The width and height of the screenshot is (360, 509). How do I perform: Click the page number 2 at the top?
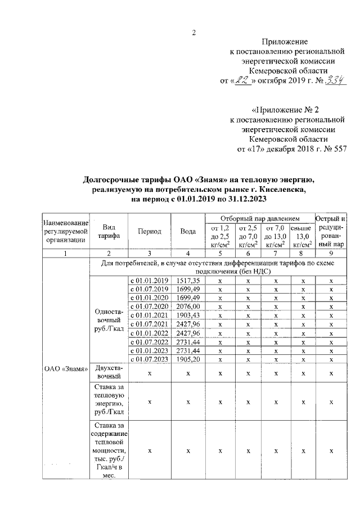coord(194,32)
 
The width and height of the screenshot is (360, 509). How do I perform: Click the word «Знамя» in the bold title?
coord(207,179)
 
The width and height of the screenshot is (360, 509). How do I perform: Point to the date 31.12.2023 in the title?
coord(246,199)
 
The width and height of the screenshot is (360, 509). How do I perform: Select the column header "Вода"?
coord(188,232)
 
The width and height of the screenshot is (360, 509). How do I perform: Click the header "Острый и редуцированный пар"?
coord(331,231)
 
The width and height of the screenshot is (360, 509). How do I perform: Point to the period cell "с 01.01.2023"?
coord(149,350)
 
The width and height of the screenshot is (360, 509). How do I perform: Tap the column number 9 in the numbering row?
coord(331,254)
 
